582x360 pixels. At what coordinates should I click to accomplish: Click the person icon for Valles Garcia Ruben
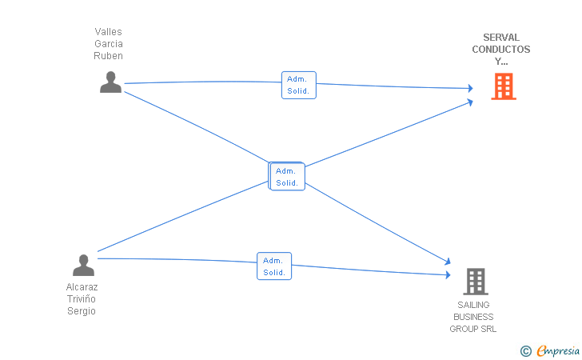[110, 82]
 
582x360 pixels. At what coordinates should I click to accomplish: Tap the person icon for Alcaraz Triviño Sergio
[83, 266]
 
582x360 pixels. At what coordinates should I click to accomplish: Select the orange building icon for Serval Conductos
[504, 86]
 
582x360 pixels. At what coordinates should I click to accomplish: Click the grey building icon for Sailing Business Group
[476, 282]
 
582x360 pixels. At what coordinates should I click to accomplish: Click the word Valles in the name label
[109, 31]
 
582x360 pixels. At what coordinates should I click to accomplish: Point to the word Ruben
[109, 56]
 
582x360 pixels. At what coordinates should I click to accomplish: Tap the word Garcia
[109, 44]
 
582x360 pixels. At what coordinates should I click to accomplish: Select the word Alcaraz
[82, 287]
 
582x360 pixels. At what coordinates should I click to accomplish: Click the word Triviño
[82, 298]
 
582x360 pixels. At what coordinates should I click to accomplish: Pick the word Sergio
[82, 311]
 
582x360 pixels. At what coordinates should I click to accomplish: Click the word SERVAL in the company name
[501, 37]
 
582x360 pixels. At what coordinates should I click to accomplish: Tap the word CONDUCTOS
[501, 49]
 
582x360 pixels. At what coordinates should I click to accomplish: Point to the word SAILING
[473, 305]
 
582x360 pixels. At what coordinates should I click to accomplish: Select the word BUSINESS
[473, 317]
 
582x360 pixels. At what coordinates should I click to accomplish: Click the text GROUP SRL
[473, 329]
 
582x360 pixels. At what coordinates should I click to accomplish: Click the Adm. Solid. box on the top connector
[299, 85]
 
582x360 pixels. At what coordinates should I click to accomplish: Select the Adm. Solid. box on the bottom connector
[274, 266]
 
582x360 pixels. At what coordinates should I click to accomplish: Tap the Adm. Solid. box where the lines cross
[287, 177]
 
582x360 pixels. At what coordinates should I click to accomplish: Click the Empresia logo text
[558, 350]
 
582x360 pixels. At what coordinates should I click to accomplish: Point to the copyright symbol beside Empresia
[526, 351]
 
